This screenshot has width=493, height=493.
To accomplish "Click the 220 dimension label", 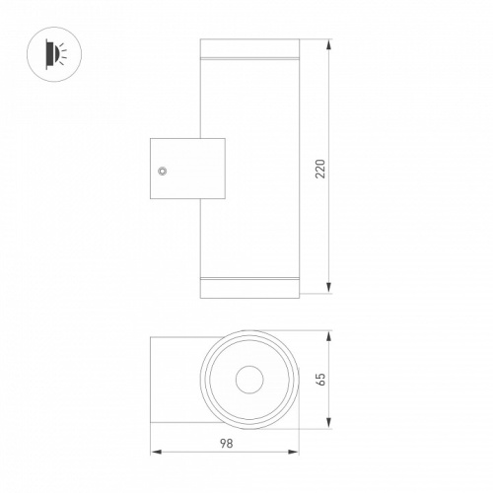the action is (x=320, y=169).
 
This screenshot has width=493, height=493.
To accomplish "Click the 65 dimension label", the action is (x=320, y=380).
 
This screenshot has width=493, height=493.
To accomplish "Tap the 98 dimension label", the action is (x=227, y=444).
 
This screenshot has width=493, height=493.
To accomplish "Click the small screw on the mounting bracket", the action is (x=162, y=171).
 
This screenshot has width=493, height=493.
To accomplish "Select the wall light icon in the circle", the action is (x=54, y=54).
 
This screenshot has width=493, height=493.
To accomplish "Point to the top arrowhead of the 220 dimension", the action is (x=329, y=44).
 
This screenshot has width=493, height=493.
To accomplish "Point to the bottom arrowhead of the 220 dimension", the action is (x=329, y=288).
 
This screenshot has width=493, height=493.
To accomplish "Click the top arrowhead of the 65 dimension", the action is (x=329, y=336).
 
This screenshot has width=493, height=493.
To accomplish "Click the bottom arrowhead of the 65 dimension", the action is (x=329, y=423).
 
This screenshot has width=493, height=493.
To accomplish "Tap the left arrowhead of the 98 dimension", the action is (x=156, y=452).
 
